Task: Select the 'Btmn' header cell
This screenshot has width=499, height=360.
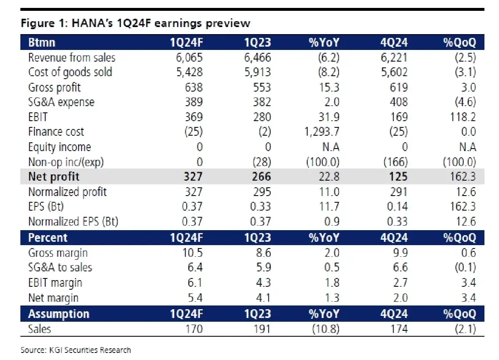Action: point(42,42)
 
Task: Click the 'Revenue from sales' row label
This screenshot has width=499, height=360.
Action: point(72,57)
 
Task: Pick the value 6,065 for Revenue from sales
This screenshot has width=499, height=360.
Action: point(188,57)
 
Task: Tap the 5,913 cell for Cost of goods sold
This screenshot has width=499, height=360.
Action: point(257,72)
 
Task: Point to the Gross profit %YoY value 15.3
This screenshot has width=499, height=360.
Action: point(329,87)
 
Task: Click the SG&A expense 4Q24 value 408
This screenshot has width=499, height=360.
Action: point(398,102)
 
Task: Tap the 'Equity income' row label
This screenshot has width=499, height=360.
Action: point(59,147)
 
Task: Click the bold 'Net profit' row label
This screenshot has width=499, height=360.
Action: point(54,177)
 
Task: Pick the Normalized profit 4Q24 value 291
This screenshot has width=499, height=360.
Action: point(398,192)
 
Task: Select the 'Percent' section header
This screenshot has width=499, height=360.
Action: point(47,238)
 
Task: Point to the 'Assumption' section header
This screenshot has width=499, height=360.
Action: point(59,314)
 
